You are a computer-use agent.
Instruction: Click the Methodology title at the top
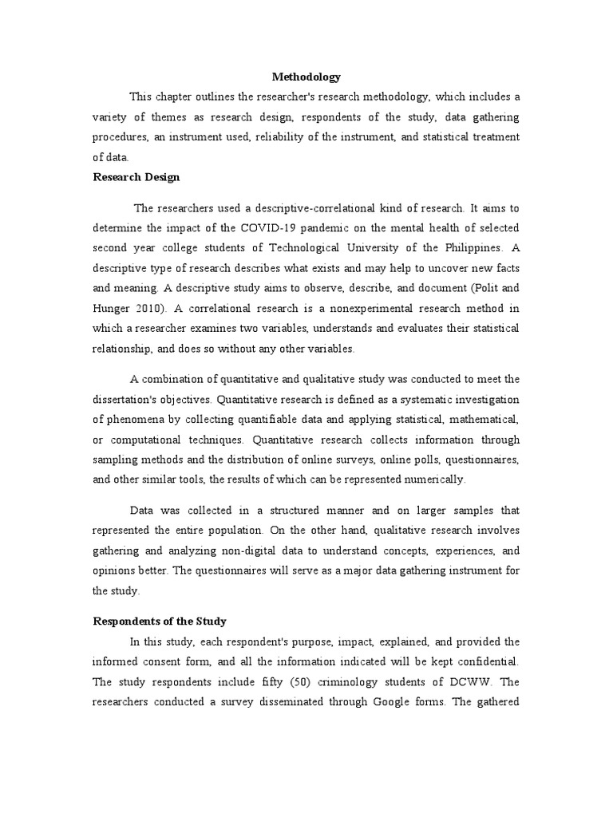point(306,77)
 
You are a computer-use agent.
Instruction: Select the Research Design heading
point(136,177)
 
